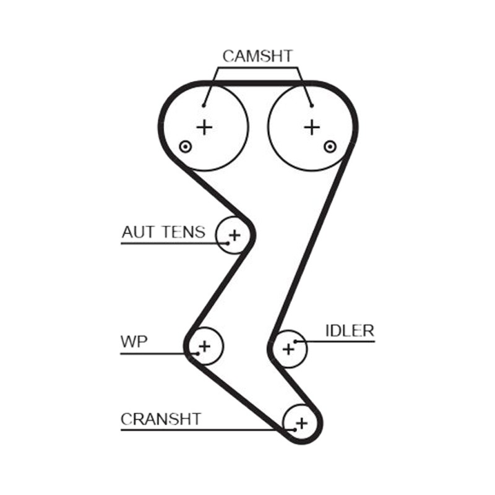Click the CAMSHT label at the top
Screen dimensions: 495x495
click(x=257, y=56)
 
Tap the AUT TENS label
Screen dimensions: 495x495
click(x=163, y=232)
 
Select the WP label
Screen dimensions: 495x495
click(x=134, y=342)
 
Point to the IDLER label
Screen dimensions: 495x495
click(x=350, y=331)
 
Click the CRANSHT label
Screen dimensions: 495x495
click(x=161, y=420)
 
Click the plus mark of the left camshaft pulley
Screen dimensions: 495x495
click(x=205, y=127)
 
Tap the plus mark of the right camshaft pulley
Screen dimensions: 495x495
click(x=312, y=127)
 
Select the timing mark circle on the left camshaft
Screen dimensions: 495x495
click(x=185, y=147)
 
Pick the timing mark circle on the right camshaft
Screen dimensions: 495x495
click(x=330, y=147)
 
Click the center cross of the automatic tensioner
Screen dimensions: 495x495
click(x=235, y=235)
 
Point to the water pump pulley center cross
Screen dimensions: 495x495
click(x=205, y=346)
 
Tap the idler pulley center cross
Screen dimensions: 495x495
click(x=288, y=350)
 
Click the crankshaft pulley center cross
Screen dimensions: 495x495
click(x=302, y=423)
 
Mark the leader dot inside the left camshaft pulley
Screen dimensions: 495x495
click(x=204, y=106)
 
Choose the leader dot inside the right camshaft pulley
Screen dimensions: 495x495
click(x=312, y=106)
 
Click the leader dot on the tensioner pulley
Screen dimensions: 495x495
click(x=228, y=243)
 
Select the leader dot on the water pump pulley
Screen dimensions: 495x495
click(x=197, y=353)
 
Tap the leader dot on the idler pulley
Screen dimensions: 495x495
click(x=295, y=342)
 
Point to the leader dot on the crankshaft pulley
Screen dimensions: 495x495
click(x=295, y=429)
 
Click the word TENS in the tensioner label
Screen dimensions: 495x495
click(x=183, y=232)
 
